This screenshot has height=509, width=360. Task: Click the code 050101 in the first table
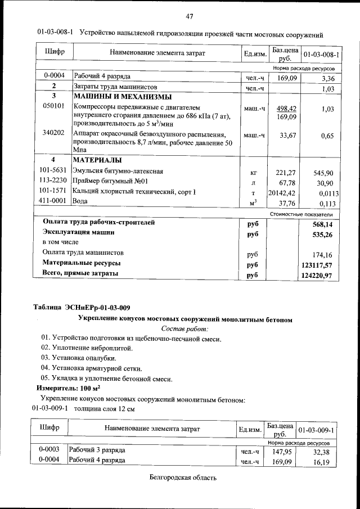pyautogui.click(x=53, y=105)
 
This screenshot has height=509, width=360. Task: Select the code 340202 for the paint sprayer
pyautogui.click(x=53, y=133)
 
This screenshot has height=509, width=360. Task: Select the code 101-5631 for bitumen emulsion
pyautogui.click(x=53, y=170)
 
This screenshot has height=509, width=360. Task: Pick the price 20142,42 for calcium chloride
pyautogui.click(x=283, y=193)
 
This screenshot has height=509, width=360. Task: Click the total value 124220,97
pyautogui.click(x=317, y=275)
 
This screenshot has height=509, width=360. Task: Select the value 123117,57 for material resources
pyautogui.click(x=317, y=264)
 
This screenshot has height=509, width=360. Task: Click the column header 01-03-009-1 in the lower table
pyautogui.click(x=317, y=430)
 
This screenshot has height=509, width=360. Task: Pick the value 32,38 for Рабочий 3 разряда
pyautogui.click(x=323, y=452)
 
